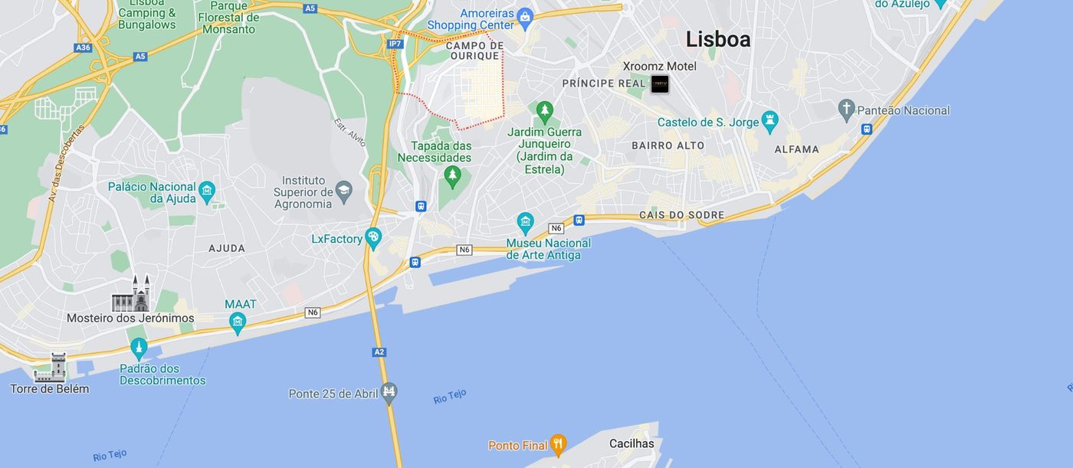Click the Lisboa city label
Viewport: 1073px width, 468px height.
click(717, 39)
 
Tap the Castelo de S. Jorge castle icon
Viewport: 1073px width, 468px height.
click(770, 122)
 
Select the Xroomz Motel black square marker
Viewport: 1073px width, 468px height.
click(659, 84)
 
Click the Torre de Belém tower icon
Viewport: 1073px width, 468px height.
click(51, 368)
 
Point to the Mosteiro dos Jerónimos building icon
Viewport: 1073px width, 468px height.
click(131, 295)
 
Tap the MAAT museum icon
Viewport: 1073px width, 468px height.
click(238, 322)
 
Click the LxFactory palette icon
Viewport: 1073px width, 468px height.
click(373, 238)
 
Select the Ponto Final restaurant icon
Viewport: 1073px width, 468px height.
click(558, 444)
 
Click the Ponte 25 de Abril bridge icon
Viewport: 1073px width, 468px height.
click(389, 393)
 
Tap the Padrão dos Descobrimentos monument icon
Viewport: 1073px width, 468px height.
click(139, 349)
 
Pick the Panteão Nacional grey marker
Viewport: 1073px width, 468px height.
click(846, 110)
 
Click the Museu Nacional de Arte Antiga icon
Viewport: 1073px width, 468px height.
click(525, 224)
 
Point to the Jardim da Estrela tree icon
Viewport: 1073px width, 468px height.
click(544, 113)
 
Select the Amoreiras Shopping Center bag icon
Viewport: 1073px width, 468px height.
click(525, 16)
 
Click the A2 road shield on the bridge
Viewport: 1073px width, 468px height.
click(379, 352)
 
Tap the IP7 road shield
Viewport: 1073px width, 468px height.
click(395, 44)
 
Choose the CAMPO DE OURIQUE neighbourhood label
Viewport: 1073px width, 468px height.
click(474, 51)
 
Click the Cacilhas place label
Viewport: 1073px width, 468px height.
click(632, 443)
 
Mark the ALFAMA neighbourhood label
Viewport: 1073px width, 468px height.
click(796, 149)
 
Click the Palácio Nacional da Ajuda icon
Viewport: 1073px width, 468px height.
click(206, 191)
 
